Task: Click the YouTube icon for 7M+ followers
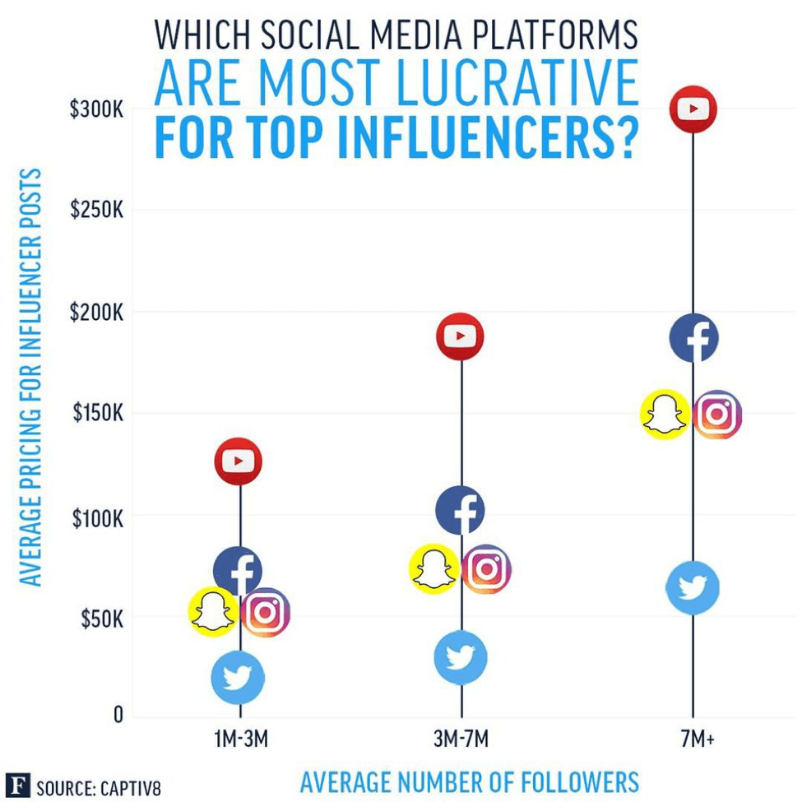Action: (693, 108)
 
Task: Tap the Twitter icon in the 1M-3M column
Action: (238, 677)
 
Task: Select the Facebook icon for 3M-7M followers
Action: (460, 510)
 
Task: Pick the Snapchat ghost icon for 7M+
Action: (665, 414)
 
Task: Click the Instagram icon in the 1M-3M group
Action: (265, 612)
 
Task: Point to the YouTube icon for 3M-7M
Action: (460, 336)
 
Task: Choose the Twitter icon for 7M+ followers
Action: (693, 587)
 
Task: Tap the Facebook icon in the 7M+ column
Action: (693, 337)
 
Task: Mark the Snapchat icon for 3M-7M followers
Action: (433, 568)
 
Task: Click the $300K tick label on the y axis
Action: (96, 109)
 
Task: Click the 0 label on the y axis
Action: (118, 716)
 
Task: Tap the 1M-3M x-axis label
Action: (240, 739)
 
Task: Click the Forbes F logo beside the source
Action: (16, 786)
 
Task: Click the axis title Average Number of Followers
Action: (469, 781)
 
